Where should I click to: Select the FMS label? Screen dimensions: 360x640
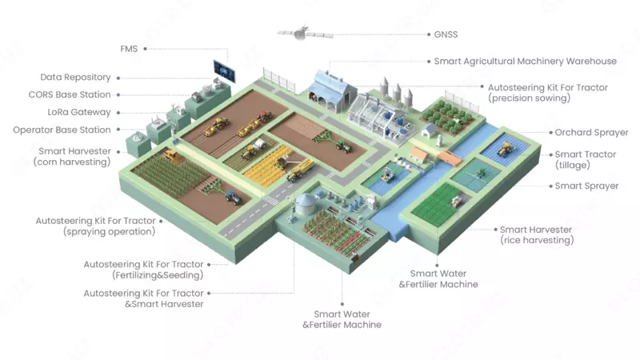129,49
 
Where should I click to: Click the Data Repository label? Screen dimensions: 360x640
75,78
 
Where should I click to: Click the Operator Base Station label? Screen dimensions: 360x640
62,130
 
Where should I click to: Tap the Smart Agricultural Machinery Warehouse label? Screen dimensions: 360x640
525,61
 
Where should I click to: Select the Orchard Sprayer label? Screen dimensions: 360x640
591,132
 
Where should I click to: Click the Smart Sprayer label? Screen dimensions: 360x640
586,186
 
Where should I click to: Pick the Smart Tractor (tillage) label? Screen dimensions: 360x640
586,159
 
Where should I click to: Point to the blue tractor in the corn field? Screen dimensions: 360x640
231,194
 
